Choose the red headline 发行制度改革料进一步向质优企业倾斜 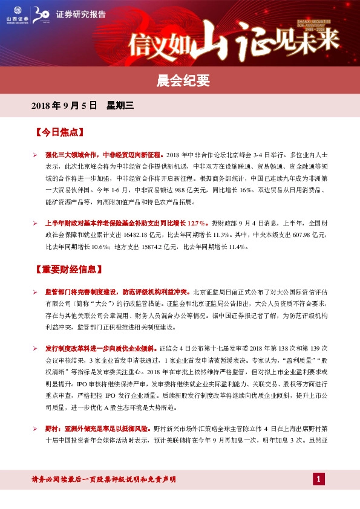click(100, 349)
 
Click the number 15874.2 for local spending click(146, 247)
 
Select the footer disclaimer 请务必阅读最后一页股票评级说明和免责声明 click(103, 479)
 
